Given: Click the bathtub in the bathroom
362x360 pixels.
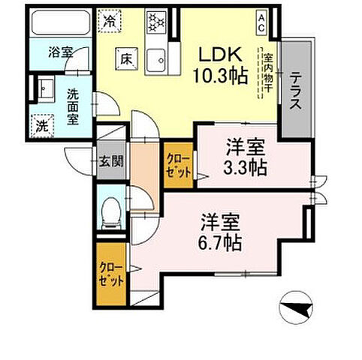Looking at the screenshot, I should (x=61, y=26).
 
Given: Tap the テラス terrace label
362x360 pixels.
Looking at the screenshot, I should (x=297, y=91).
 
